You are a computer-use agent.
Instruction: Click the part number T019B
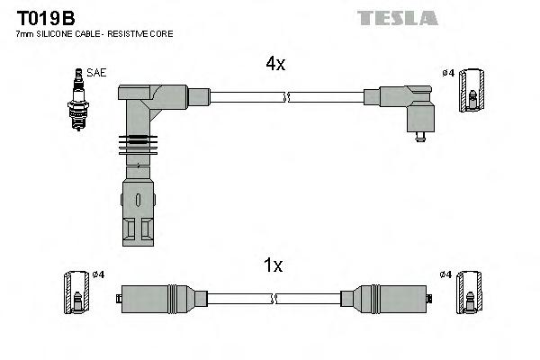coord(46,18)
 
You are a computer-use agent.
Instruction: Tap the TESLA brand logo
coord(398,18)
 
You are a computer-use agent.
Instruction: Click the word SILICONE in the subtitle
coord(54,34)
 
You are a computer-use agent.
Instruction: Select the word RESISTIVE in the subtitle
coord(127,34)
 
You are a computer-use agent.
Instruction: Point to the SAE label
coord(96,73)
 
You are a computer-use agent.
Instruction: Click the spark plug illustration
coord(78,99)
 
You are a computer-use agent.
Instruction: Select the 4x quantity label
coord(275,64)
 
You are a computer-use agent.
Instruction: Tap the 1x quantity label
coord(273,265)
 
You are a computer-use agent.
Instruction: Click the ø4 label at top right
coord(448,73)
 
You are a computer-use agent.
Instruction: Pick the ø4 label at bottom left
coord(98,274)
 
